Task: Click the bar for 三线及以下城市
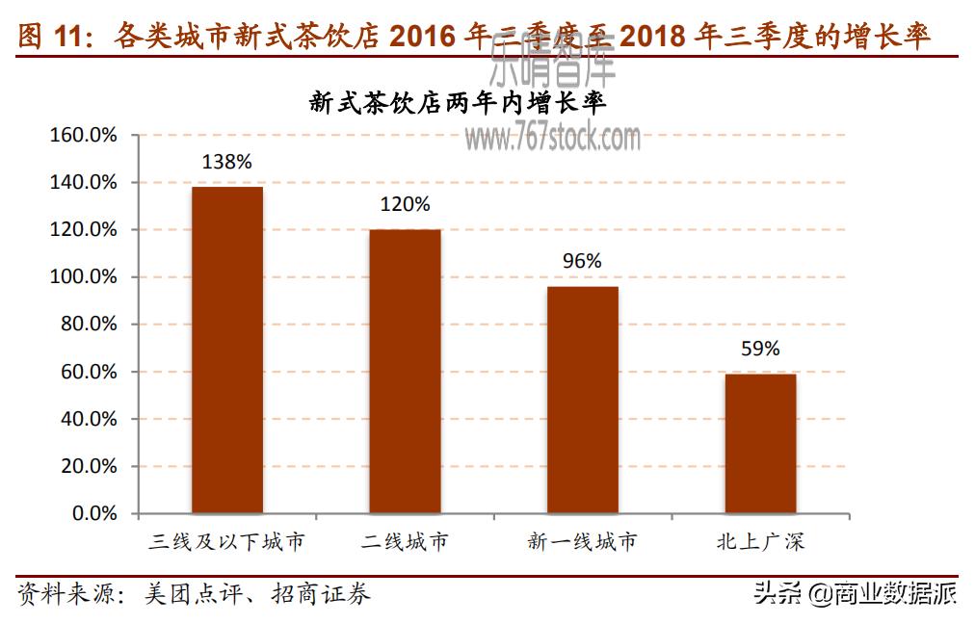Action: click(x=227, y=350)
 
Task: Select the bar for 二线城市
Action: click(x=405, y=371)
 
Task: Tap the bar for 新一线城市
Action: click(x=583, y=400)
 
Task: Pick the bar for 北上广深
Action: click(x=760, y=443)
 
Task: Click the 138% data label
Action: click(x=226, y=162)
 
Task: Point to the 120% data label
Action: click(x=405, y=204)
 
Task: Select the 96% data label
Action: click(x=583, y=261)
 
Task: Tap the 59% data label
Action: click(x=760, y=349)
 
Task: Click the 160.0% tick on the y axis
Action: click(x=83, y=135)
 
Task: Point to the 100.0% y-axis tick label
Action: click(x=83, y=277)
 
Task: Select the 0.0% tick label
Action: click(x=94, y=514)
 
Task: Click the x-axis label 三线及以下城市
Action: click(x=227, y=541)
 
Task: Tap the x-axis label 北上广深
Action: click(x=760, y=541)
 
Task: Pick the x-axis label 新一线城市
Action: click(x=583, y=541)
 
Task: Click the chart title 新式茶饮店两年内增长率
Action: click(x=458, y=102)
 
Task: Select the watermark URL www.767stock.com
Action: click(x=553, y=139)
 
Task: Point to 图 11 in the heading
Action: click(x=46, y=37)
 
